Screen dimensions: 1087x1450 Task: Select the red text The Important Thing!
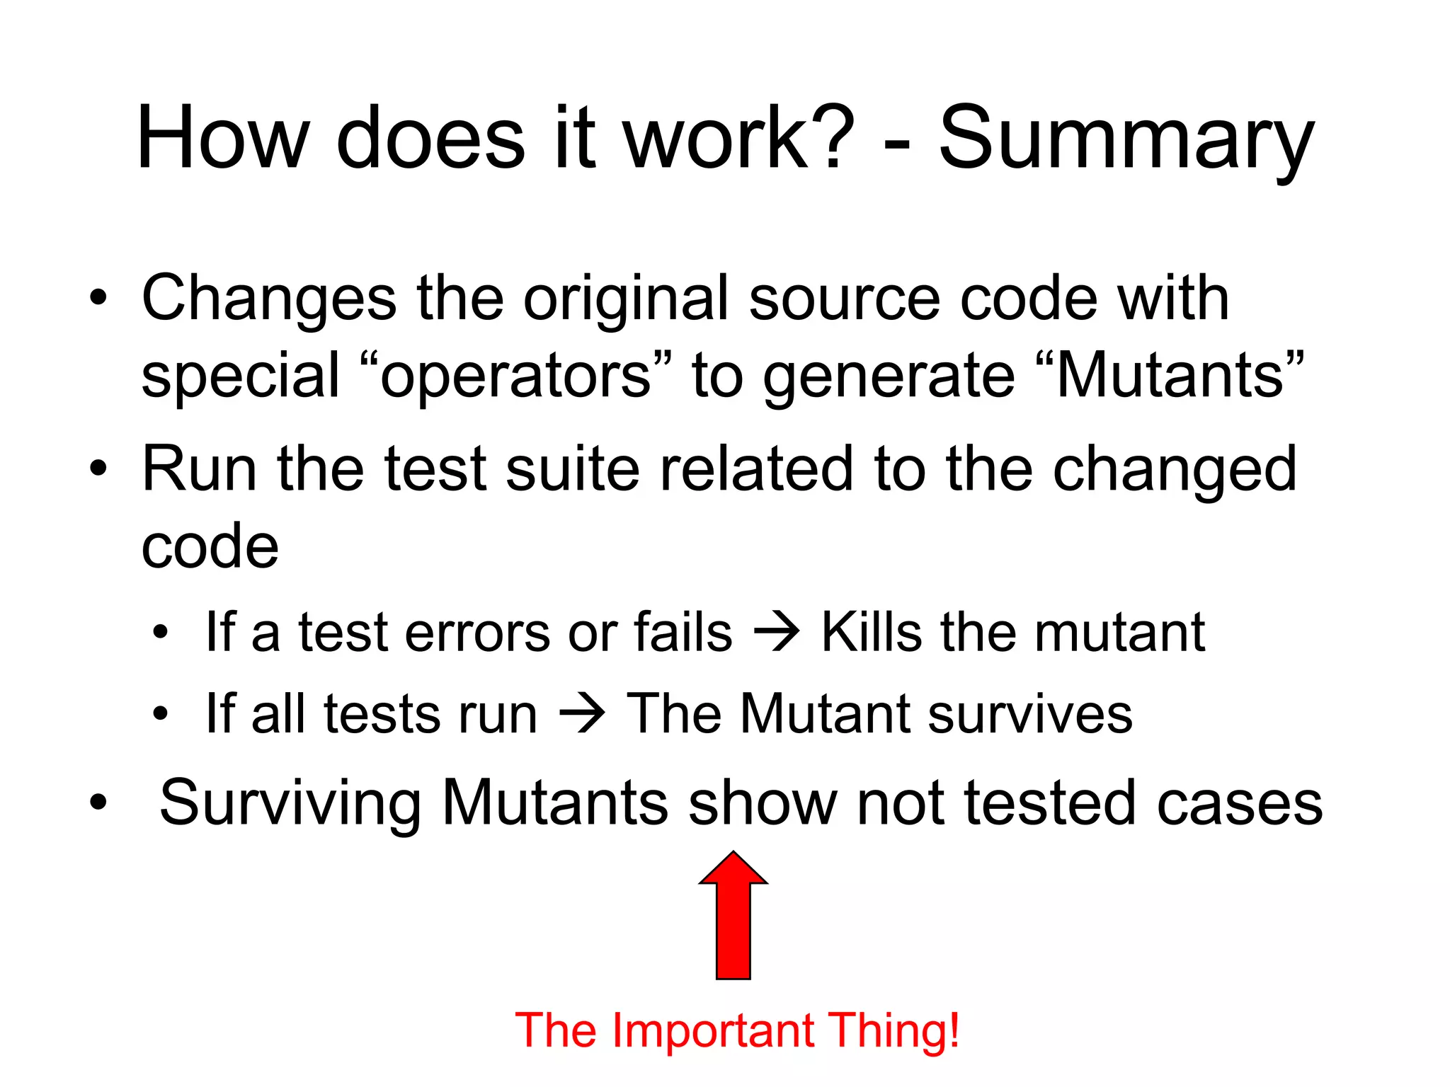(737, 1030)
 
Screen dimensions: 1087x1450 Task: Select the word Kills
(872, 631)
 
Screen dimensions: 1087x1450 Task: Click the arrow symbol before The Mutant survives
(582, 714)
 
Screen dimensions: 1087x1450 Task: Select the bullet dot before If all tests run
(161, 714)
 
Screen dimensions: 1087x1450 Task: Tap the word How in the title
(223, 138)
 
